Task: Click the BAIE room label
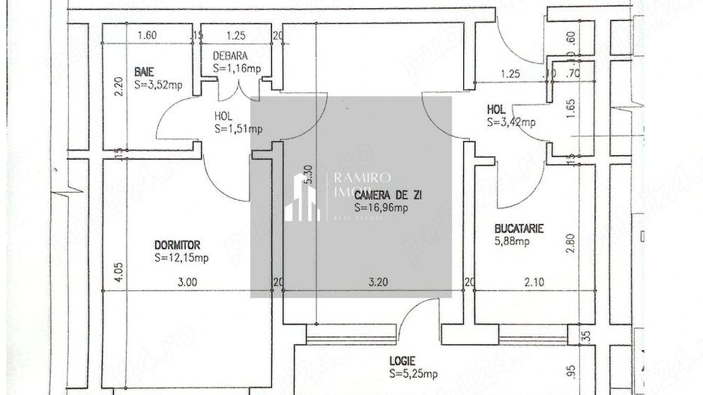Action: pyautogui.click(x=145, y=71)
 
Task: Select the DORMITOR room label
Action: pyautogui.click(x=178, y=245)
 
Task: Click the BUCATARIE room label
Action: pyautogui.click(x=519, y=229)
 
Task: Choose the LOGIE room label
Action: pyautogui.click(x=402, y=361)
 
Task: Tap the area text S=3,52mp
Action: pyautogui.click(x=158, y=85)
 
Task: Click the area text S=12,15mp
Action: pyautogui.click(x=181, y=259)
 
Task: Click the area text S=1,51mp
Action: pyautogui.click(x=238, y=129)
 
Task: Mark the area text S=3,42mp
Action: pyautogui.click(x=511, y=122)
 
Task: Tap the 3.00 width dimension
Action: pyautogui.click(x=187, y=283)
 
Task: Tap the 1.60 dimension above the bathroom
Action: pyautogui.click(x=147, y=35)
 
